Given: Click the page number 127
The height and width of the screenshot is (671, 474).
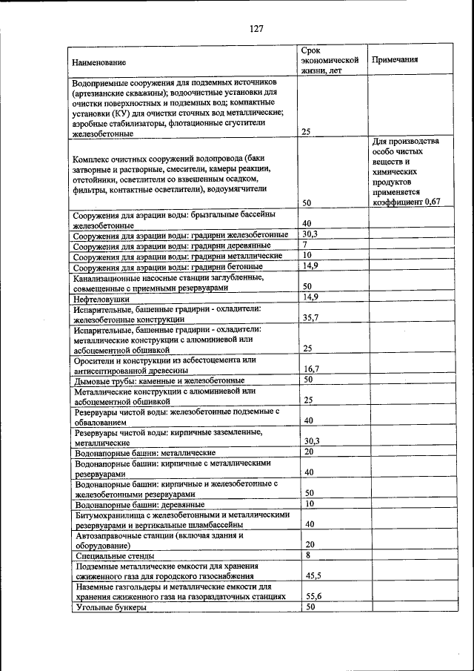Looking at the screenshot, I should coord(256,29).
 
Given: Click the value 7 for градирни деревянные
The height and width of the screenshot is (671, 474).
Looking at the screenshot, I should coord(304,245).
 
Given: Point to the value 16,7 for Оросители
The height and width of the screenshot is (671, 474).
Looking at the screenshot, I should coord(311,368).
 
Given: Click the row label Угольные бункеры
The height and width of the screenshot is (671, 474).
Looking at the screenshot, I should coord(110,606).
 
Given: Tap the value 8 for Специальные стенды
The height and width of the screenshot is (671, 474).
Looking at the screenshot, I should coord(307,555).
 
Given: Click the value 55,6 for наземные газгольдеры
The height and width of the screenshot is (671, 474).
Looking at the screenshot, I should coord(312,596).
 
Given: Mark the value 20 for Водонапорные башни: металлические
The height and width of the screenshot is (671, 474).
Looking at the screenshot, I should coord(309,452).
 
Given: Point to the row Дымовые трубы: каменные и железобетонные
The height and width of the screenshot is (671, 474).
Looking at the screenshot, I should coord(155,380).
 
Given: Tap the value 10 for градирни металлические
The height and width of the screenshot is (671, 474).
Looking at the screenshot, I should coord(309,255).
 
